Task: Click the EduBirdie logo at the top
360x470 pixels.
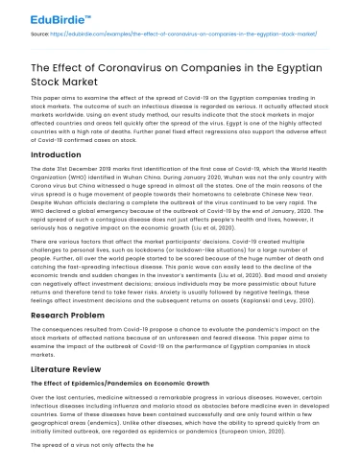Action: [x=43, y=15]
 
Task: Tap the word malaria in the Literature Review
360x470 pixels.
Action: [x=172, y=407]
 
